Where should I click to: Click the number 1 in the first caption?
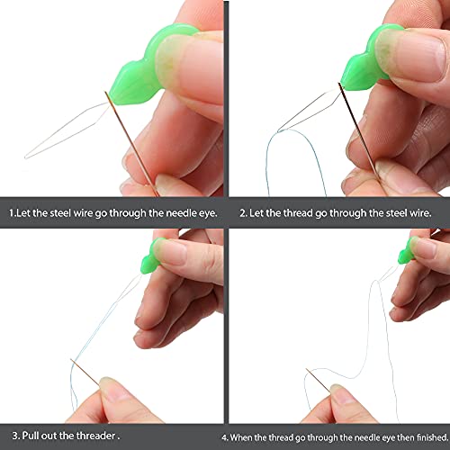[x=12, y=214]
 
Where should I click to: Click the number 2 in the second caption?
[x=242, y=214]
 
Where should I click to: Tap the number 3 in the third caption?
[x=12, y=436]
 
